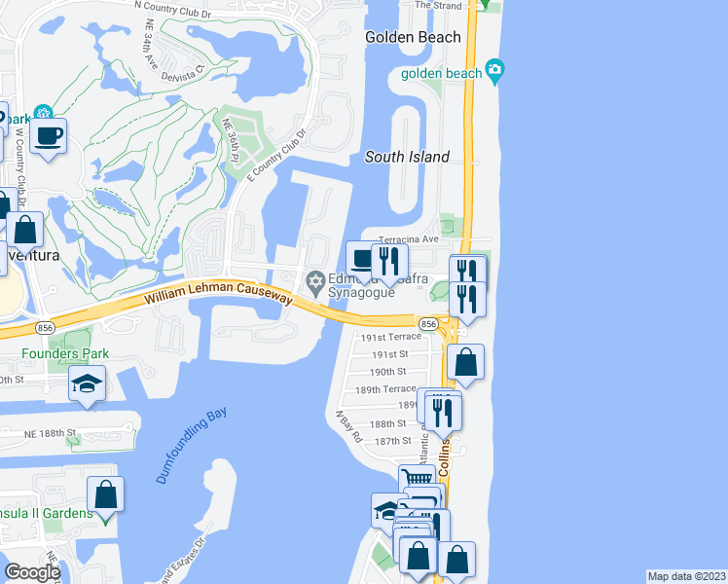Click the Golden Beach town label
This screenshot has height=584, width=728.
(x=413, y=37)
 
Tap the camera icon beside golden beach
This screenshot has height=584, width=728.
(x=496, y=70)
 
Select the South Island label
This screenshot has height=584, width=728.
(x=407, y=157)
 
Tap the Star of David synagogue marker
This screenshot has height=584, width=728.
(x=314, y=283)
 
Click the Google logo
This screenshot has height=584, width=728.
(x=33, y=571)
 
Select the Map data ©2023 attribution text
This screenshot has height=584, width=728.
(x=687, y=576)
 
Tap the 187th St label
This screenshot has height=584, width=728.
(x=394, y=441)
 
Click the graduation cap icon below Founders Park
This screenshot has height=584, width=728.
(x=86, y=383)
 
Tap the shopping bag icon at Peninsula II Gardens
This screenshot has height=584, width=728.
(x=105, y=494)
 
